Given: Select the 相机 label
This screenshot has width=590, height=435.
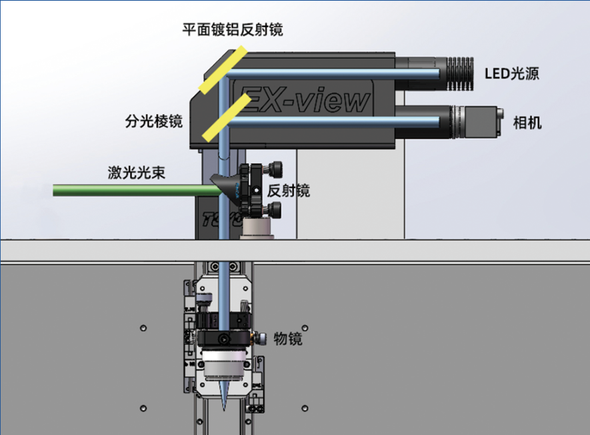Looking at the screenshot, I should pyautogui.click(x=527, y=123).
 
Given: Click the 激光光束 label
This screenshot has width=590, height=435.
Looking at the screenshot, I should pyautogui.click(x=137, y=173).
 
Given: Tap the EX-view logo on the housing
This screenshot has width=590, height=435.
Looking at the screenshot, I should pyautogui.click(x=304, y=99).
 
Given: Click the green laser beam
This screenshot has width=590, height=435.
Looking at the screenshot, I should pyautogui.click(x=133, y=191).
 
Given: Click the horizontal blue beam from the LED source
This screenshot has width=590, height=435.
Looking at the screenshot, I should pyautogui.click(x=333, y=72).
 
